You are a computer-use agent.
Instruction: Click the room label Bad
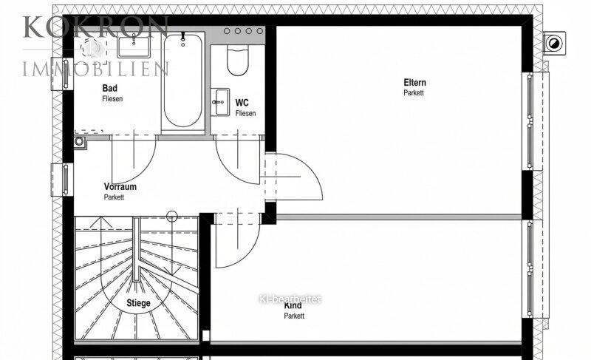pos(109,88)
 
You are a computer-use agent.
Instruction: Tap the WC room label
pos(242,103)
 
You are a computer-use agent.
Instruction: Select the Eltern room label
pos(414,83)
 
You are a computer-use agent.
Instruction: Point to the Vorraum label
pos(120,186)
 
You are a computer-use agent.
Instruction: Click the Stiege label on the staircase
pos(138,303)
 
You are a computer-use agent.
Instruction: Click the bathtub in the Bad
pos(182,81)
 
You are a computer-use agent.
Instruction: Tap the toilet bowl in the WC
pos(238,61)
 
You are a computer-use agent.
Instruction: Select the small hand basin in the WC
pos(220,102)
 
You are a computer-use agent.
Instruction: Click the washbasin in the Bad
pos(134,45)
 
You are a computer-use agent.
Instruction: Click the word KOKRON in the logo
pos(96,27)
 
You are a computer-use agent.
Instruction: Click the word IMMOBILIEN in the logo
pos(95,68)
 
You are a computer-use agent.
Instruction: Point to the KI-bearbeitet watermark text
pos(290,299)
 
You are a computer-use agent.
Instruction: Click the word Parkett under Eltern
pos(414,92)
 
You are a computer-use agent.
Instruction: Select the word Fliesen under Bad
pos(112,99)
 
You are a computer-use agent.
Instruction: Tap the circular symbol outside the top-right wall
pos(554,44)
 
